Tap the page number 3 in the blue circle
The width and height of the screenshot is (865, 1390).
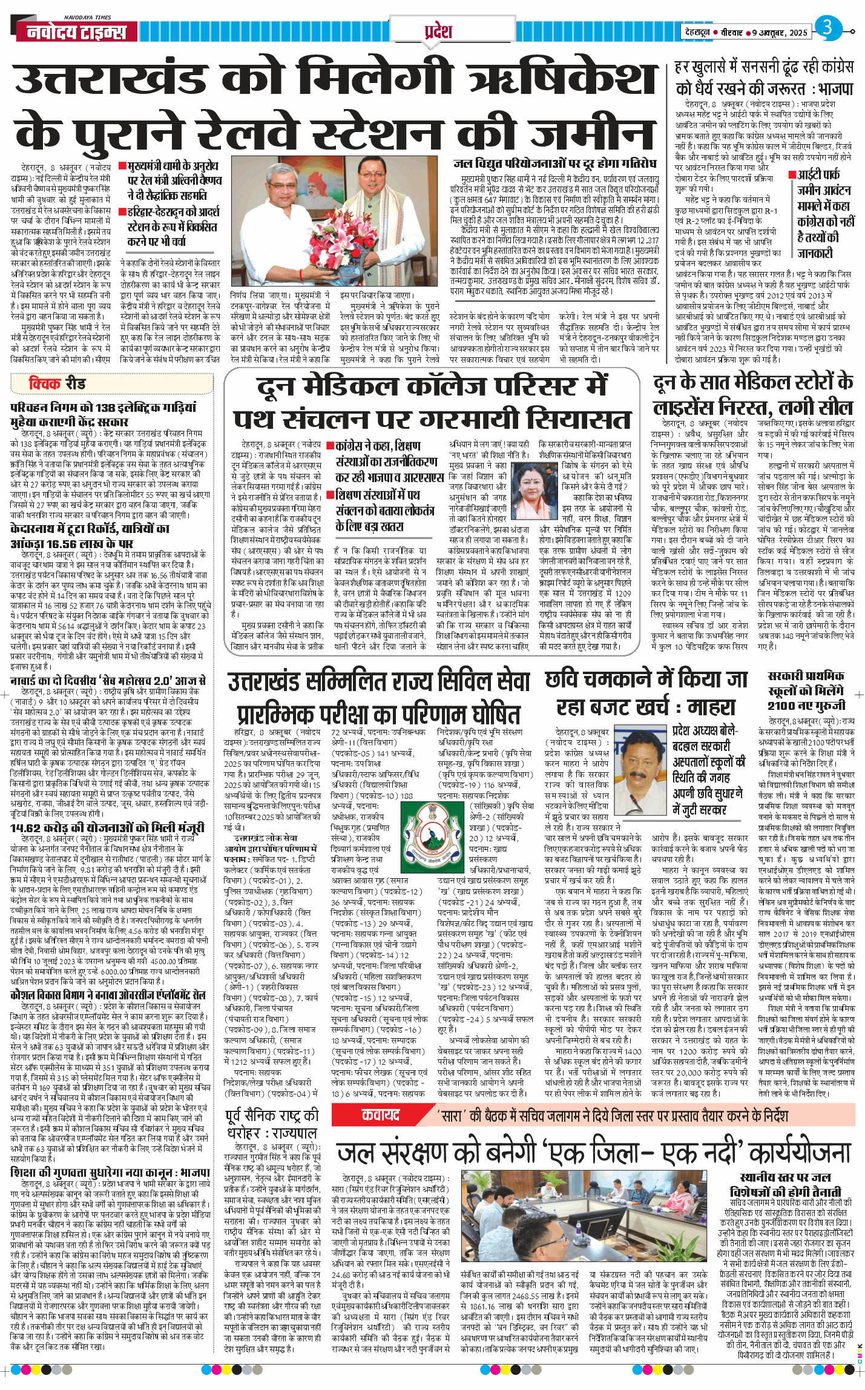pos(827,28)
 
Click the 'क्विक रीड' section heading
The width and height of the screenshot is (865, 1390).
pos(57,383)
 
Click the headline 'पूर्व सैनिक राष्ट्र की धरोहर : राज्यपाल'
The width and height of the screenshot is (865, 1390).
pos(272,1124)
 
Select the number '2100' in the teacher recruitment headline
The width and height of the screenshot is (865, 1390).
pos(781,705)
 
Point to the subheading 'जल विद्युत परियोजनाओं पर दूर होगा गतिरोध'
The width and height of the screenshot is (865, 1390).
pos(554,164)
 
